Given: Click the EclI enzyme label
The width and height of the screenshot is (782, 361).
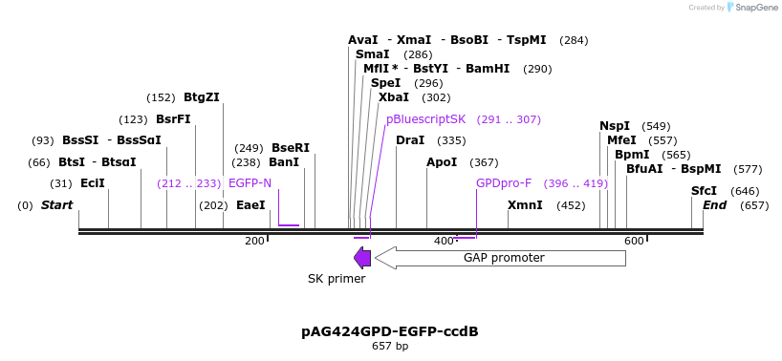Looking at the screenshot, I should coord(92,183).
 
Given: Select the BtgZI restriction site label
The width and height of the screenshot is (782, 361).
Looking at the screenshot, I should coord(201,97).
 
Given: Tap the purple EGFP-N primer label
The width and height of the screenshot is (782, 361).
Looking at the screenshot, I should coord(250,183).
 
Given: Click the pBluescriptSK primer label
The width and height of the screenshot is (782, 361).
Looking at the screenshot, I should coord(425,119).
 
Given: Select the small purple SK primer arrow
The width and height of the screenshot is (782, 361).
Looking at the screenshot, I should coord(362,257).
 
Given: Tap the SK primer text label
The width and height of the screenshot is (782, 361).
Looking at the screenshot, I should coord(337,279).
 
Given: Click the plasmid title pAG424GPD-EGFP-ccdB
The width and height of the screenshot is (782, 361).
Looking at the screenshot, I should coord(390,331).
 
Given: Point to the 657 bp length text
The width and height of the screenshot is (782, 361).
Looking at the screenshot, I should coord(390,346).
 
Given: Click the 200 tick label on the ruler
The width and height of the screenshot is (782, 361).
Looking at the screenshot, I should coord(254,241).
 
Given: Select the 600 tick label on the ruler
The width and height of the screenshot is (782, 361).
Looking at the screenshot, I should coord(633,241).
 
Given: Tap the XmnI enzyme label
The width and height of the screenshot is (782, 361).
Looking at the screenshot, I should coord(525,205).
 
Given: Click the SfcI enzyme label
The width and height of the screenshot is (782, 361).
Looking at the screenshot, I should coord(704,191).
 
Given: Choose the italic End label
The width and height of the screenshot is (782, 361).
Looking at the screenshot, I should coord(714,205).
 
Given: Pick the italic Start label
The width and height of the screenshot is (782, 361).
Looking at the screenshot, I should coord(56,205).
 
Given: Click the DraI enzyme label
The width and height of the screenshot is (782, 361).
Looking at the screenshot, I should coord(409,140).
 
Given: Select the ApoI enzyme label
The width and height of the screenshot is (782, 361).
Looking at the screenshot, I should coord(442,162).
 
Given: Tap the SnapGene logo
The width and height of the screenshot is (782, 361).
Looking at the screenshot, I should coord(749,8).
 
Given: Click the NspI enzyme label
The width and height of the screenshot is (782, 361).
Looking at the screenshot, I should coord(615,126).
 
